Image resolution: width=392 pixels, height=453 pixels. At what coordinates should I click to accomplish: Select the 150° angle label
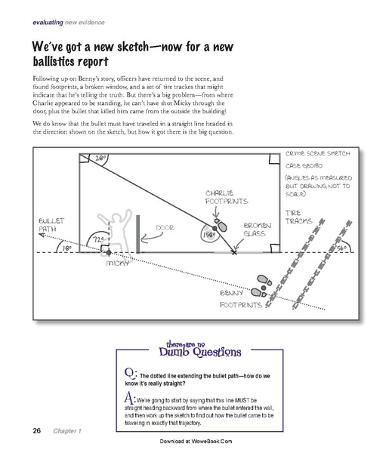click(x=208, y=234)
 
